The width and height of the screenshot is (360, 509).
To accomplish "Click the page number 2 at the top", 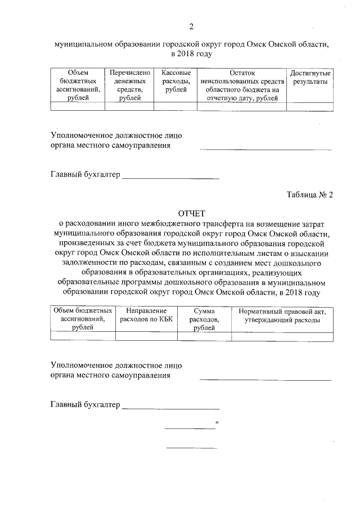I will coord(191,26).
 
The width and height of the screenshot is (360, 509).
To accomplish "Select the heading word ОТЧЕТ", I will coord(192,214).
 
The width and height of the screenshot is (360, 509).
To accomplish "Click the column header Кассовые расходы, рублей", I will coord(175,82).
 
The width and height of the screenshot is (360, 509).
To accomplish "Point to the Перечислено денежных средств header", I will coord(130,85).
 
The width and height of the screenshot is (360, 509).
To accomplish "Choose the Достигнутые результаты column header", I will coord(309,78).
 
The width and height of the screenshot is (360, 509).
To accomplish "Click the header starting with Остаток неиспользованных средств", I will coord(242,85).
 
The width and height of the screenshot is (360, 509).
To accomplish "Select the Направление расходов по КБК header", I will coord(146,316).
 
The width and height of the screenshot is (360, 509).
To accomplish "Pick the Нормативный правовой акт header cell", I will coord(282,316).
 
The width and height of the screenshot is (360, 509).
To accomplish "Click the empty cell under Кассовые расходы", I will coord(175,106).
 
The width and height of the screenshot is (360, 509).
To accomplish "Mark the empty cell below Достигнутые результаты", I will coord(309,106).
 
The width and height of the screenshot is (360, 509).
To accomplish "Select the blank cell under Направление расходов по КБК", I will coord(146,336).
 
